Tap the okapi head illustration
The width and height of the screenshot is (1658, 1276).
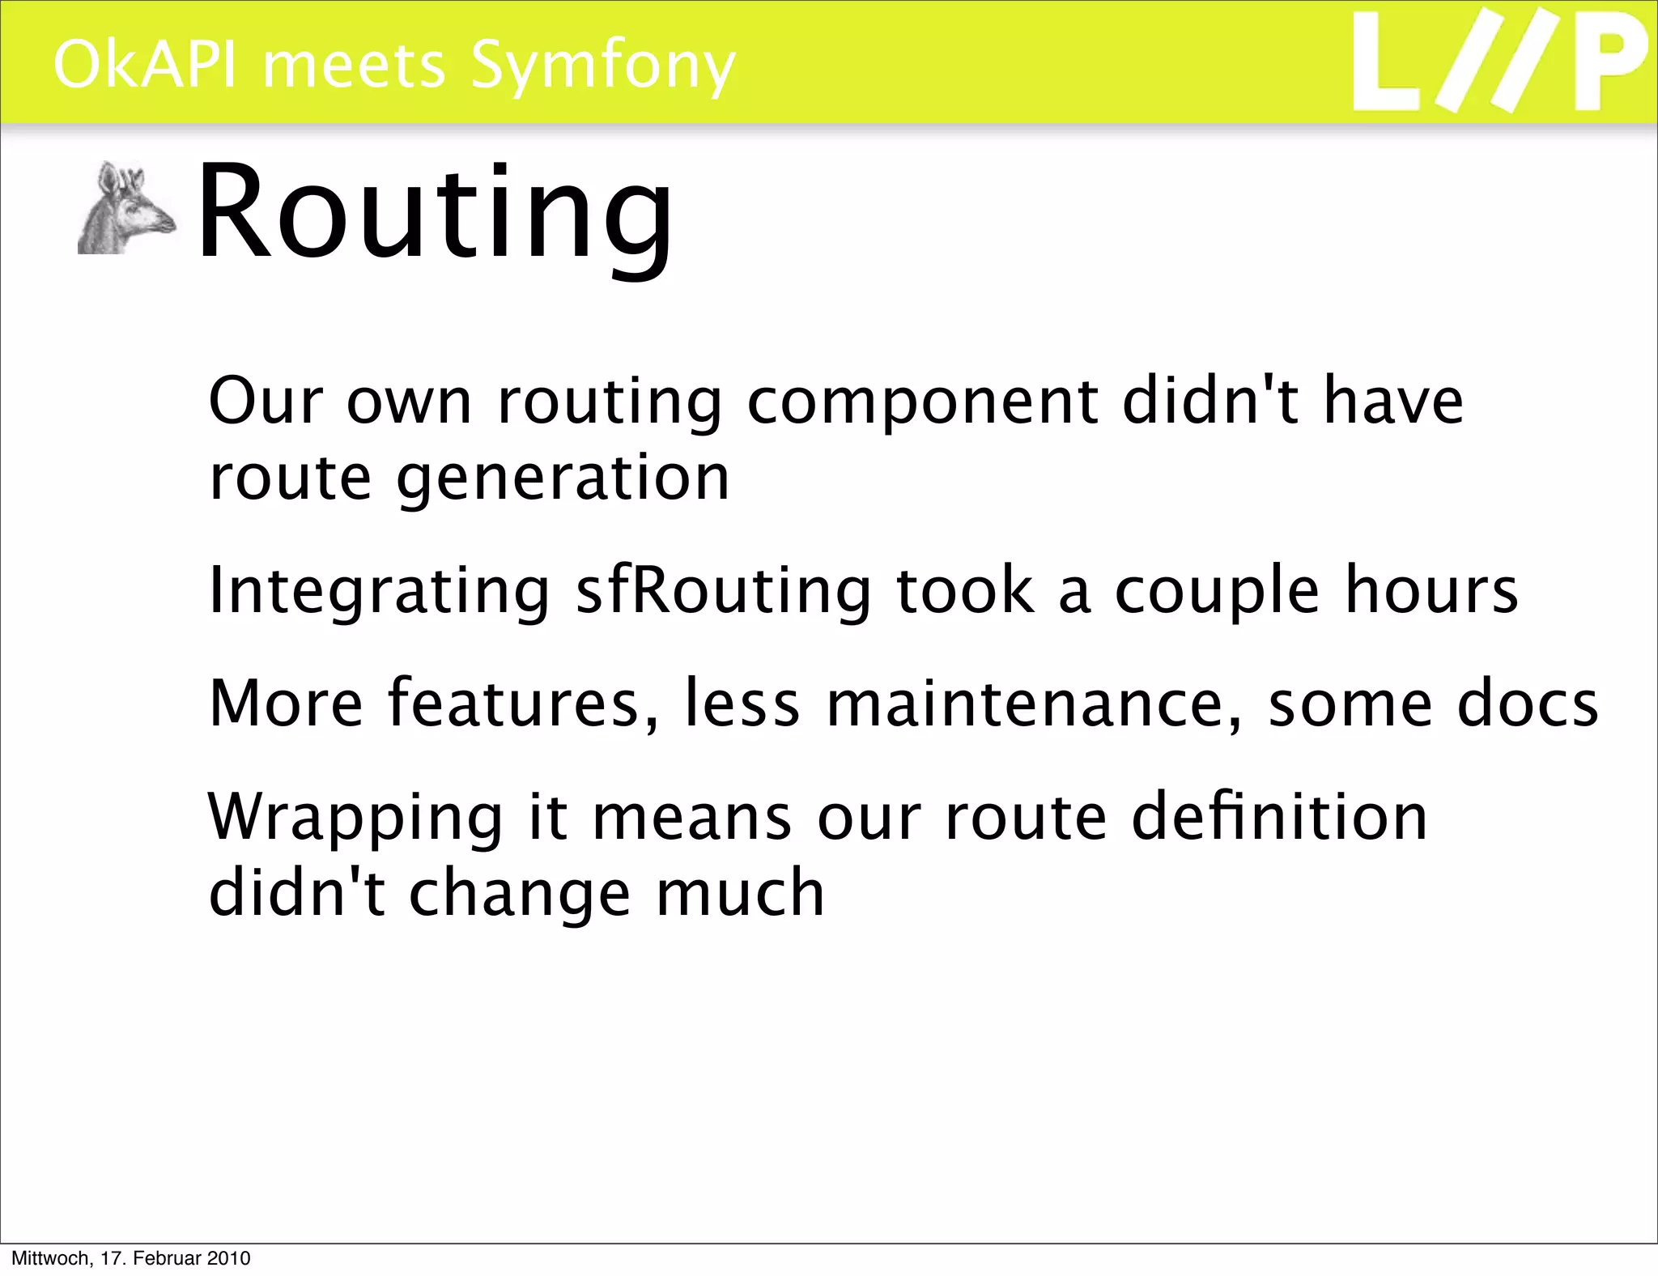coord(126,210)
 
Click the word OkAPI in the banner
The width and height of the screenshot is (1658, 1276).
coord(145,65)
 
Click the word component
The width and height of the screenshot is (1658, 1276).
coord(922,402)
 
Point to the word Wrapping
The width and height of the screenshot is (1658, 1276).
coord(355,818)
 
